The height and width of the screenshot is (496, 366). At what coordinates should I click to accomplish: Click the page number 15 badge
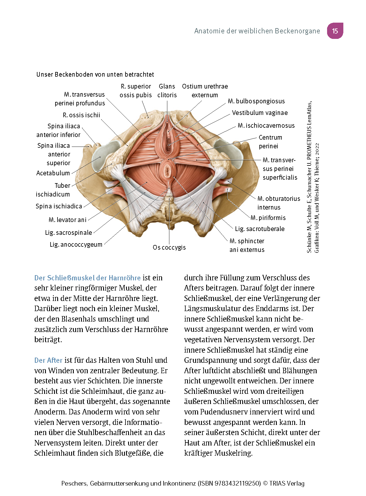(x=335, y=31)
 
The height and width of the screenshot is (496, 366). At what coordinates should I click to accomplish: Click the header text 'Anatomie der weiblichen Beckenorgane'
(x=257, y=31)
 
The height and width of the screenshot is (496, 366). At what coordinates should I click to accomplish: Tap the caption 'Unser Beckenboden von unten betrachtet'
(x=95, y=75)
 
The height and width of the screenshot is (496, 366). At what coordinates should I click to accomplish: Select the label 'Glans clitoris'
(x=167, y=91)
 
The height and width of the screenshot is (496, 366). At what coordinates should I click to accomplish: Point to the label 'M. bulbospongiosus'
(x=256, y=101)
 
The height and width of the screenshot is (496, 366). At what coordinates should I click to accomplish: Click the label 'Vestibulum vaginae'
(x=260, y=113)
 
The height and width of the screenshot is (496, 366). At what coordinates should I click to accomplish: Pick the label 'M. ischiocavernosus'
(x=266, y=126)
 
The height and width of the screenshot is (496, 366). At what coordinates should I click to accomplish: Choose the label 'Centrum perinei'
(x=270, y=142)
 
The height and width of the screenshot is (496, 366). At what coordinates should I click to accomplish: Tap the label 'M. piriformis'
(x=268, y=218)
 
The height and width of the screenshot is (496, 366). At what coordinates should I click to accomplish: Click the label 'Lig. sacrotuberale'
(x=260, y=229)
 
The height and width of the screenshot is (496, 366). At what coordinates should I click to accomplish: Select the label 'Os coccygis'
(x=169, y=248)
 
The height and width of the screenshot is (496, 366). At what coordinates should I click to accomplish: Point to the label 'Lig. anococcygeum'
(x=76, y=245)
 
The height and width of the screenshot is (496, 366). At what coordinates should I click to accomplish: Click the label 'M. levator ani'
(x=67, y=220)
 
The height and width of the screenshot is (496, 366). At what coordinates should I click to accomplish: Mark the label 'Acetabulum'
(x=53, y=173)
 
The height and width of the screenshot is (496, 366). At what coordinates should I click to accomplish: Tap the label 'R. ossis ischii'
(x=81, y=115)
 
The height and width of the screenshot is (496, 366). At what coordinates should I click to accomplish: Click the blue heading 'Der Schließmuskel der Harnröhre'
(x=87, y=278)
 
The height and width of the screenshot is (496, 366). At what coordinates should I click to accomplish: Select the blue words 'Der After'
(x=48, y=360)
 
